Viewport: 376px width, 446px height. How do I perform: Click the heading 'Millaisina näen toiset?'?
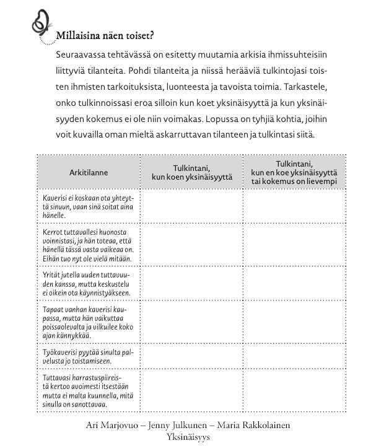coord(104,35)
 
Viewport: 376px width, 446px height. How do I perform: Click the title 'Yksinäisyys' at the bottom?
coord(188,437)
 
